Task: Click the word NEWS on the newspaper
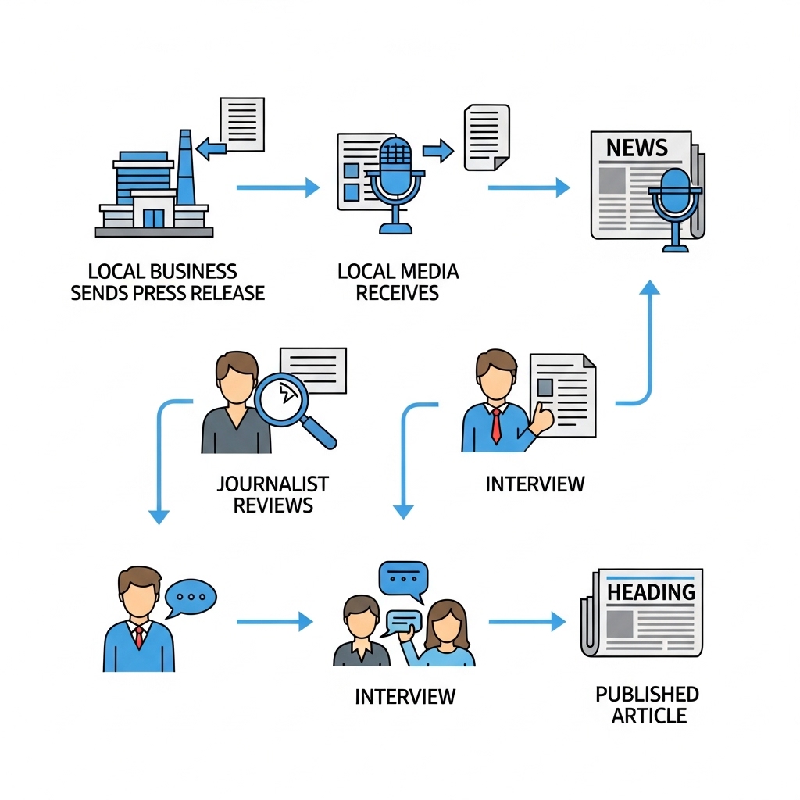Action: tap(637, 148)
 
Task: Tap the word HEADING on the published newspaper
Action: tap(651, 592)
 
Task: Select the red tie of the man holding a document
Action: tap(496, 426)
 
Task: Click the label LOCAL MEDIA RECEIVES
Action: tap(398, 282)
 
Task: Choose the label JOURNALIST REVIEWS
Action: tap(273, 495)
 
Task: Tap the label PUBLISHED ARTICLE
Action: tap(648, 705)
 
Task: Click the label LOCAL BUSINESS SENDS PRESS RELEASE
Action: tap(167, 282)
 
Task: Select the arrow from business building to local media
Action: tap(278, 187)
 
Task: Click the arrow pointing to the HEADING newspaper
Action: tap(527, 622)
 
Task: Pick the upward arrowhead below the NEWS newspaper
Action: tap(650, 287)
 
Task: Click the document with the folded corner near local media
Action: tap(487, 137)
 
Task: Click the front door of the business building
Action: tap(154, 218)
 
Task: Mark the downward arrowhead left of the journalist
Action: tap(159, 517)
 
